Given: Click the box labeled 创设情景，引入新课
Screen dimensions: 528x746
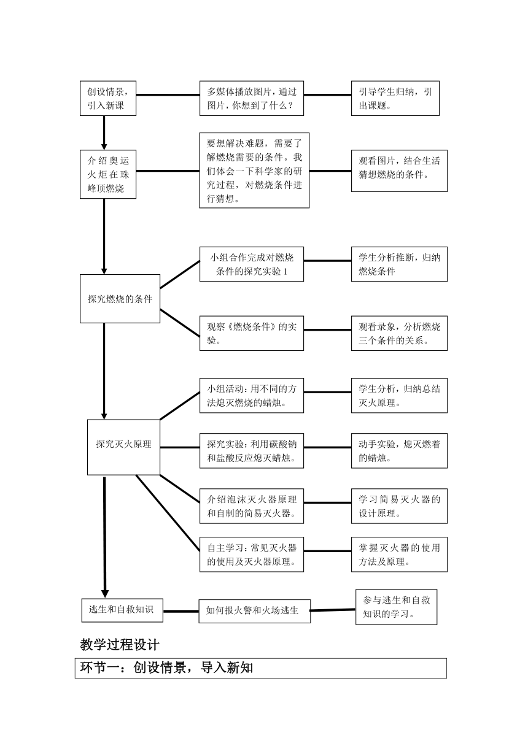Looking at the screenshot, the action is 108,98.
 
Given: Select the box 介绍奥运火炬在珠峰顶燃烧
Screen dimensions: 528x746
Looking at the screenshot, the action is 108,174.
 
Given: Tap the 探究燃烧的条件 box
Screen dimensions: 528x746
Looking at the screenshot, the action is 120,299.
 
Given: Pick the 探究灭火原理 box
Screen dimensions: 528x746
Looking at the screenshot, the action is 123,447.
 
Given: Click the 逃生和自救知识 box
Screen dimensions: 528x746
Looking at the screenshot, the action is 122,610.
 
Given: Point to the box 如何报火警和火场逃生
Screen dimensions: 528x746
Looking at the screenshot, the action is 255,611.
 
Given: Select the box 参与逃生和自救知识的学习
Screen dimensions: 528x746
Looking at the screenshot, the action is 397,607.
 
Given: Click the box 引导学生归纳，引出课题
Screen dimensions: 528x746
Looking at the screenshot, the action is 395,98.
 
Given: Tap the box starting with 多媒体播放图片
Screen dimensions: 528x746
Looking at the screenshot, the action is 252,98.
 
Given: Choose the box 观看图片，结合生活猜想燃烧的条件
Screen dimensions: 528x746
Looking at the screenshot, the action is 399,171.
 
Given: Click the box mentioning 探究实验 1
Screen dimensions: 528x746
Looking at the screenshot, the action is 252,264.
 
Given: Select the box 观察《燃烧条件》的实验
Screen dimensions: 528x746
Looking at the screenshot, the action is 252,333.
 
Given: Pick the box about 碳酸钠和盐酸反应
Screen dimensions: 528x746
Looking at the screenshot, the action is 252,450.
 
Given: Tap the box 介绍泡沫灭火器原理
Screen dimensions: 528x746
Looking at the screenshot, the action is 252,506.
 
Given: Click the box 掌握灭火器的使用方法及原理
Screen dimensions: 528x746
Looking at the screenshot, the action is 399,555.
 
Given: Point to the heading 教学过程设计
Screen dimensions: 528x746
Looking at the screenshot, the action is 120,645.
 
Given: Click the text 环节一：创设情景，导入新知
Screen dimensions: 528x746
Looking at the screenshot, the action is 166,667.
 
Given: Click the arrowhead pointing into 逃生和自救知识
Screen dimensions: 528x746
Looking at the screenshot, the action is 105,594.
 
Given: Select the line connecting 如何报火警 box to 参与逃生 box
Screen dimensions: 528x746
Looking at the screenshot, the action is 333,610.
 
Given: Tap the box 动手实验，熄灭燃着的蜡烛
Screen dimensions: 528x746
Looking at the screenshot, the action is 399,450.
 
